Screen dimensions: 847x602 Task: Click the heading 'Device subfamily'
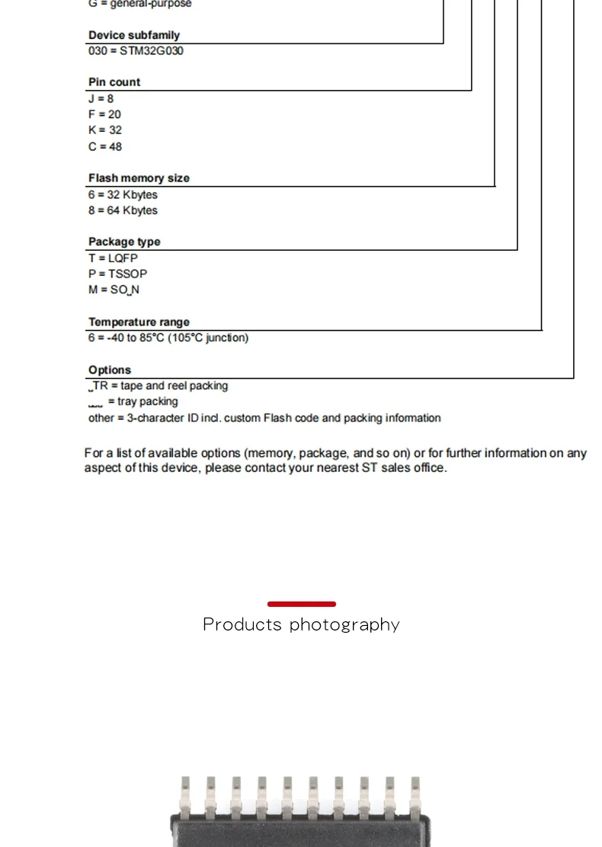click(x=134, y=35)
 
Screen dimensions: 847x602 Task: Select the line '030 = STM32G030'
click(x=136, y=51)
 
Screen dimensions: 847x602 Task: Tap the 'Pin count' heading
click(x=114, y=82)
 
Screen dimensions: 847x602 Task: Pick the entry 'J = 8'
click(x=101, y=98)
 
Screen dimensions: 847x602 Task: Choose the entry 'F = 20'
click(x=104, y=114)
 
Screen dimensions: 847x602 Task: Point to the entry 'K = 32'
click(x=105, y=130)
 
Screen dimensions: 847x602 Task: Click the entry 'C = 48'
click(x=105, y=146)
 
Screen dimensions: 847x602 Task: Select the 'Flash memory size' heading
click(x=139, y=178)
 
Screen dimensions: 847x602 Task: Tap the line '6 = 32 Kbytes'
click(x=123, y=194)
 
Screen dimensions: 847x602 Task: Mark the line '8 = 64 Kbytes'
click(x=123, y=210)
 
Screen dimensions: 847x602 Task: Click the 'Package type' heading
click(x=124, y=242)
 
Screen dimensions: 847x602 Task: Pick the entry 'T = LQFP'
click(x=113, y=258)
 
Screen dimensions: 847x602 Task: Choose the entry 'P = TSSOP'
click(x=117, y=274)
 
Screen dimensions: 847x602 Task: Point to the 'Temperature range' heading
click(x=139, y=322)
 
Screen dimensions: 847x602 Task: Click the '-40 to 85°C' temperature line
click(x=168, y=338)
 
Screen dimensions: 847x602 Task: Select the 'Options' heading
click(x=110, y=371)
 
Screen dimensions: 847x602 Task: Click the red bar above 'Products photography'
click(x=302, y=604)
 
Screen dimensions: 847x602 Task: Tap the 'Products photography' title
click(x=301, y=625)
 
